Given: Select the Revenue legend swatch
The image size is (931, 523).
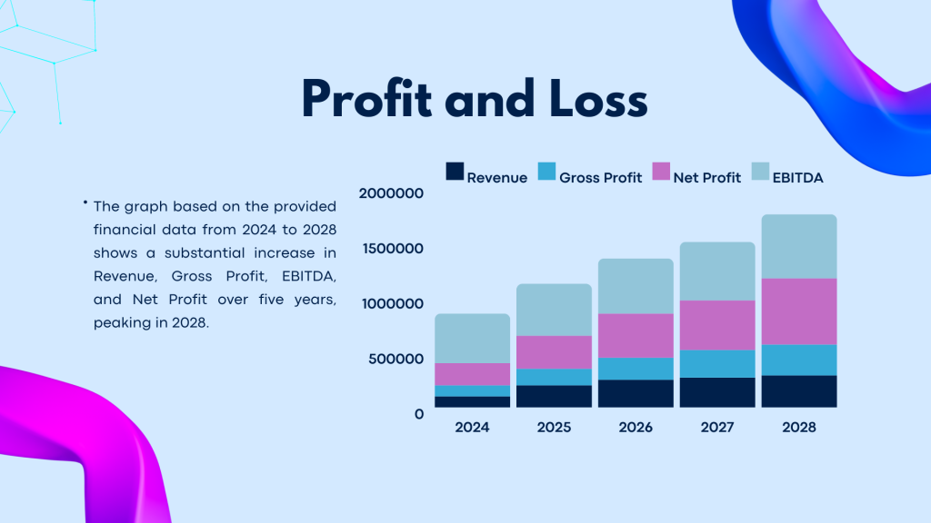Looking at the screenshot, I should point(455,171).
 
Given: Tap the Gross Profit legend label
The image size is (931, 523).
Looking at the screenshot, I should point(600,178).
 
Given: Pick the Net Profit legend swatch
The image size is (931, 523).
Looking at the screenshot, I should point(661,171).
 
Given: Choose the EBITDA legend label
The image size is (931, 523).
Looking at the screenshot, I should point(797,178).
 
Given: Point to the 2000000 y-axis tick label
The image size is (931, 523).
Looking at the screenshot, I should point(392,192).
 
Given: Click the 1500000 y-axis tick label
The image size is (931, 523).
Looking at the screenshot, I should point(392,248).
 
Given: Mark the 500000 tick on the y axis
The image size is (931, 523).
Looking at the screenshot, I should point(396,359).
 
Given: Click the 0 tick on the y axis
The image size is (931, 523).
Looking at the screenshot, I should point(419,414).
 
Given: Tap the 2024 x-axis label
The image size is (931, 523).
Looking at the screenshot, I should point(473,428).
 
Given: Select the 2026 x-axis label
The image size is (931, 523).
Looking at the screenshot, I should point(636,428).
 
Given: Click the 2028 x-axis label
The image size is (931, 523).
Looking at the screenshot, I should point(799,428).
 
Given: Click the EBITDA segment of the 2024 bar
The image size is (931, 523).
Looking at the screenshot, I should point(473,338).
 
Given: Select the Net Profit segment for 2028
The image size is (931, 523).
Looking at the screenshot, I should point(799,311).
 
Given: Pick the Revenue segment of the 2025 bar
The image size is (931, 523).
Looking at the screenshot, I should point(555,396).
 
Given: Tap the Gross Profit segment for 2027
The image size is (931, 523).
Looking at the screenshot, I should point(717,363).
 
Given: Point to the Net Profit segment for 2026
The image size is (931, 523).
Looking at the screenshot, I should point(636,335).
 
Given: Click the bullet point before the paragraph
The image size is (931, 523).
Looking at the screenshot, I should point(85,202).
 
